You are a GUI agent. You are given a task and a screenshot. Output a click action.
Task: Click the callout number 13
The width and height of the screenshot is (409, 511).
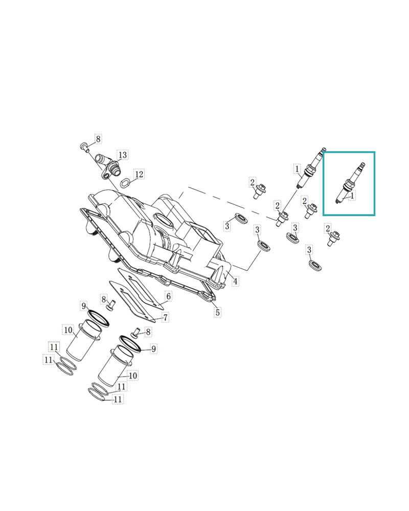[123, 155]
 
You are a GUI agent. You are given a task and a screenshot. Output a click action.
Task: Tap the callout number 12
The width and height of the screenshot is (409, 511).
[139, 174]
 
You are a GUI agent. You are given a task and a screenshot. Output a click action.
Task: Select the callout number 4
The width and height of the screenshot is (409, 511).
[235, 281]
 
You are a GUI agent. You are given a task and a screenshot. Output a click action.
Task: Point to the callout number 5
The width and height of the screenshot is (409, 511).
[217, 312]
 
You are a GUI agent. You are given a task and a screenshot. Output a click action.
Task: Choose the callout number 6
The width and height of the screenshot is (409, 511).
[168, 296]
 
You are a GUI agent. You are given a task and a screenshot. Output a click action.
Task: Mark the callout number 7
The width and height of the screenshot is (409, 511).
[166, 318]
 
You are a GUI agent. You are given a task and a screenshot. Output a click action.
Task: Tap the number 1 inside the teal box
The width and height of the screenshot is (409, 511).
[353, 195]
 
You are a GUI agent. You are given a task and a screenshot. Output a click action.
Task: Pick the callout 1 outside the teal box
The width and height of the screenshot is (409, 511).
[297, 168]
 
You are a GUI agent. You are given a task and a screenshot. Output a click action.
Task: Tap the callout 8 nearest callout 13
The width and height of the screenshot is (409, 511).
[98, 138]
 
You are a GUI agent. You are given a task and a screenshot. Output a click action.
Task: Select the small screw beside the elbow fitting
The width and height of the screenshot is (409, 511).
[83, 147]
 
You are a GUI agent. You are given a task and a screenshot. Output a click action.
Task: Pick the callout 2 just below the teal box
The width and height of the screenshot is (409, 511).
[328, 229]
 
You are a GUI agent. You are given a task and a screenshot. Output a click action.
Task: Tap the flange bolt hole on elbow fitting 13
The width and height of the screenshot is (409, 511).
[106, 176]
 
